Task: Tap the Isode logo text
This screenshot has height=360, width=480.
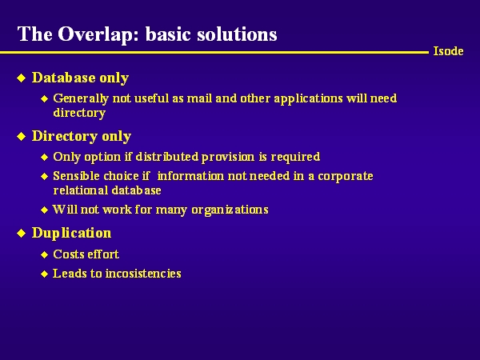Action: pos(448,51)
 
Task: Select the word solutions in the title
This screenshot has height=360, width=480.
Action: pos(237,34)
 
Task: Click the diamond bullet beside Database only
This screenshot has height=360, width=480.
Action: pos(21,78)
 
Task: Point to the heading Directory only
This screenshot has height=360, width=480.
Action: pos(82,137)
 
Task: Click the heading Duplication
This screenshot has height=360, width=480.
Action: pos(72,234)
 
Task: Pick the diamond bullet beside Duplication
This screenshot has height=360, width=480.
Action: pos(21,234)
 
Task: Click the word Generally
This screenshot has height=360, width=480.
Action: pos(81,99)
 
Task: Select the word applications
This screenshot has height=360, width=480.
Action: pos(308,99)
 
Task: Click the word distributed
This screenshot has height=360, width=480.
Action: pos(167,157)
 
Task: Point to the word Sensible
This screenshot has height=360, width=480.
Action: pos(76,176)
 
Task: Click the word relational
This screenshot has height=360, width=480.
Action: pos(81,190)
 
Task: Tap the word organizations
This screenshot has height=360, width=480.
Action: pos(230,210)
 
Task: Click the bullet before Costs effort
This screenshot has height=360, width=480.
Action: pos(45,254)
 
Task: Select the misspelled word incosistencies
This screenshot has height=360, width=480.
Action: pos(143,274)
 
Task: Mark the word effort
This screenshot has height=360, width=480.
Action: pos(102,254)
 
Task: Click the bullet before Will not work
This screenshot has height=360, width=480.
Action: pos(45,210)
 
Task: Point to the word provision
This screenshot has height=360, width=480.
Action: pos(228,157)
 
